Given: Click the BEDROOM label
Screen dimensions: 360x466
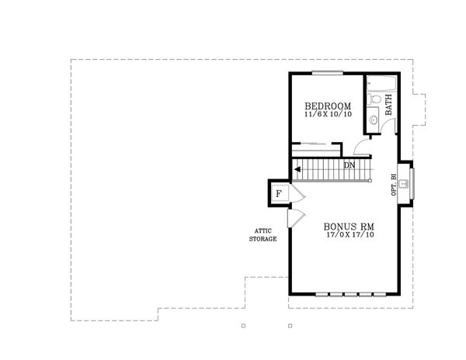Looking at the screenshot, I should click(x=327, y=106).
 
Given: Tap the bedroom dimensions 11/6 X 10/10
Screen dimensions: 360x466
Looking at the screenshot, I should click(x=327, y=115).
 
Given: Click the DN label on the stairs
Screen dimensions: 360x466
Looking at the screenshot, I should click(x=350, y=165).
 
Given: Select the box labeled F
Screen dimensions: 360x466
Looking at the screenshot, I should click(x=278, y=192).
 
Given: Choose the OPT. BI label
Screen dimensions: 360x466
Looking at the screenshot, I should click(x=395, y=186).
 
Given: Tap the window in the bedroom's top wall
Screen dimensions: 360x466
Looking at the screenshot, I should click(x=323, y=74).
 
